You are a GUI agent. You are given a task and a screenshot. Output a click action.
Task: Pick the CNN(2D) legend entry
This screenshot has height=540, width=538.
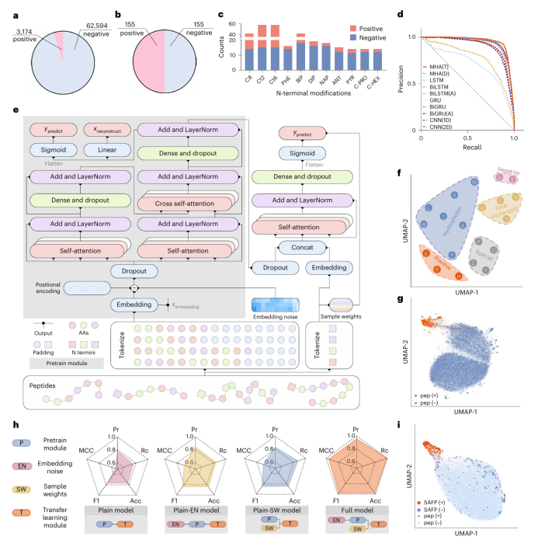[439, 127]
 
